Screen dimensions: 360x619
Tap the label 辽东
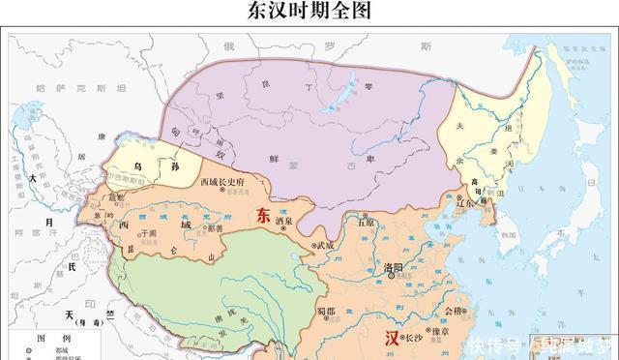464,204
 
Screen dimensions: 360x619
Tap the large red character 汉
392,339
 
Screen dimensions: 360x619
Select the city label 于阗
147,233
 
